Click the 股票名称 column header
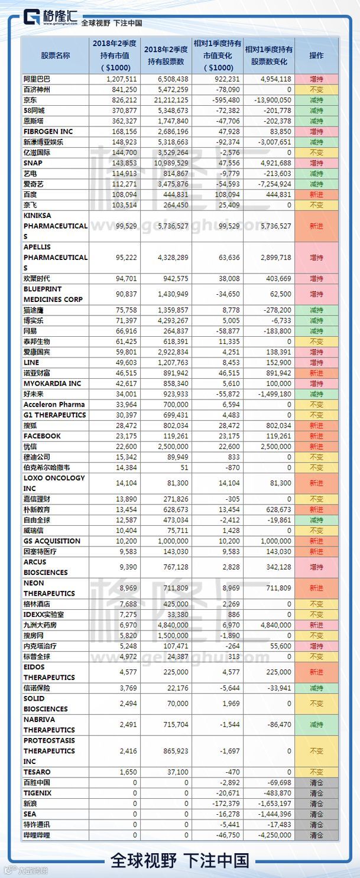(56, 56)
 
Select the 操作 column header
(316, 56)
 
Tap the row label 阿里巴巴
(37, 79)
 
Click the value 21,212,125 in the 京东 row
(166, 100)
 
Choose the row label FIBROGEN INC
(48, 132)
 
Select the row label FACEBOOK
(42, 436)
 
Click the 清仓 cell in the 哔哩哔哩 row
(316, 835)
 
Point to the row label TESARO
(37, 772)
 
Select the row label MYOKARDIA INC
(52, 383)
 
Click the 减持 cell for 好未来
(316, 394)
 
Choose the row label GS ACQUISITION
(52, 541)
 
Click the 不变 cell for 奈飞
(316, 205)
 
